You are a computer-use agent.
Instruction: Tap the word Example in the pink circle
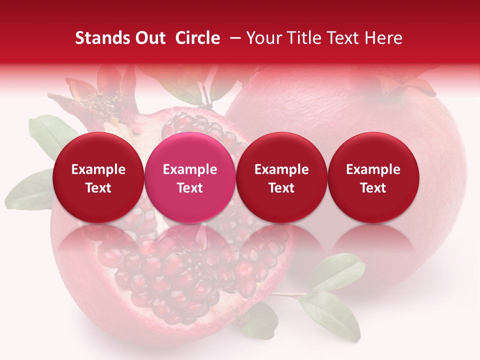tap(190, 169)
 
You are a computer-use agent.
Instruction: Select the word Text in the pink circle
tap(190, 188)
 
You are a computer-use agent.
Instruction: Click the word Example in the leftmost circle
tap(98, 169)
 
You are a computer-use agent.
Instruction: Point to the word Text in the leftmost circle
tap(98, 188)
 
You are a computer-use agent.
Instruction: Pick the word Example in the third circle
tap(281, 169)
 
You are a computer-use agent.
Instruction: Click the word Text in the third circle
tap(281, 188)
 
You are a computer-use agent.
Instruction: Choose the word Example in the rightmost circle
tap(373, 169)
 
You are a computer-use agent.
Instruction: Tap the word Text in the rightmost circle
tap(373, 188)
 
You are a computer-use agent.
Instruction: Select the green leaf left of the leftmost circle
tap(47, 132)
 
